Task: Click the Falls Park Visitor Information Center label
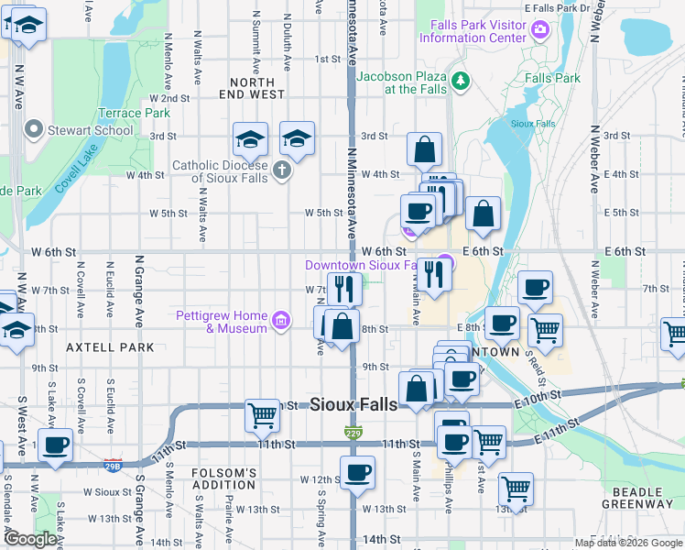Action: [x=473, y=31]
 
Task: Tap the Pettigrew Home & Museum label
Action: [x=223, y=322]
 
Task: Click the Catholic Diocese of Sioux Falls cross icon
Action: [x=282, y=170]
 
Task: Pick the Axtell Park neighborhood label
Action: [x=110, y=347]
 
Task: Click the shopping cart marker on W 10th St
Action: [x=263, y=414]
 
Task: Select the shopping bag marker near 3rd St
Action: [x=425, y=149]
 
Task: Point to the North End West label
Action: [x=252, y=88]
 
